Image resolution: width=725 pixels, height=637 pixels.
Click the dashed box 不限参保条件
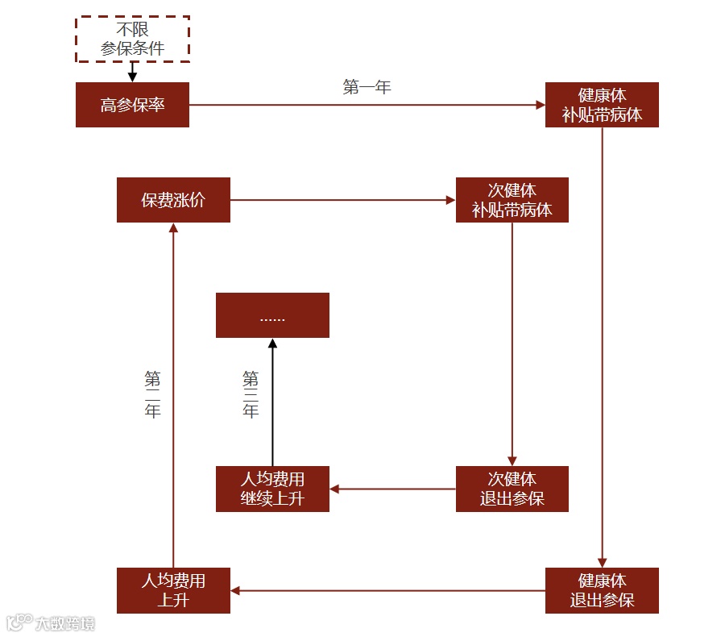[x=132, y=38]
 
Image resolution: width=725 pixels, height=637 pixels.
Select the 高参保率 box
[x=132, y=105]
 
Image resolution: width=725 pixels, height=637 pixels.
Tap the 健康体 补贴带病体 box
[x=602, y=105]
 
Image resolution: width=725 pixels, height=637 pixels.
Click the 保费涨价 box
[x=173, y=200]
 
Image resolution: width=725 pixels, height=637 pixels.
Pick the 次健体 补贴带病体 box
[x=512, y=200]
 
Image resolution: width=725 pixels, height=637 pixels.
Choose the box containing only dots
[x=272, y=315]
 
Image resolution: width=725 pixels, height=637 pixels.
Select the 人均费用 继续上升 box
[x=272, y=489]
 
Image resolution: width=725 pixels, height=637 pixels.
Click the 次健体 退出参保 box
[x=512, y=489]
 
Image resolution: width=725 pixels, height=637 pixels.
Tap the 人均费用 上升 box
[x=173, y=590]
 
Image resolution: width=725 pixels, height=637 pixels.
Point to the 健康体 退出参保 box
[x=602, y=590]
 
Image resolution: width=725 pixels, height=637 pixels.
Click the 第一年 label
[x=367, y=87]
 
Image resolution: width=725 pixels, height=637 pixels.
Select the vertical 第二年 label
[x=152, y=394]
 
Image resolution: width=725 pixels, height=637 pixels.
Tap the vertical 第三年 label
[x=251, y=394]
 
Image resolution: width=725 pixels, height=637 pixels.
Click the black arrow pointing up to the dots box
[x=272, y=403]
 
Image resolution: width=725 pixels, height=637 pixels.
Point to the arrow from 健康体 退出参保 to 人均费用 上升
[x=387, y=590]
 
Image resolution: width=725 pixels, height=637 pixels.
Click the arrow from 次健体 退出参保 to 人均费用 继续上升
[x=392, y=489]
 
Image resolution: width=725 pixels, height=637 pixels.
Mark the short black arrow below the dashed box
[x=132, y=72]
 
